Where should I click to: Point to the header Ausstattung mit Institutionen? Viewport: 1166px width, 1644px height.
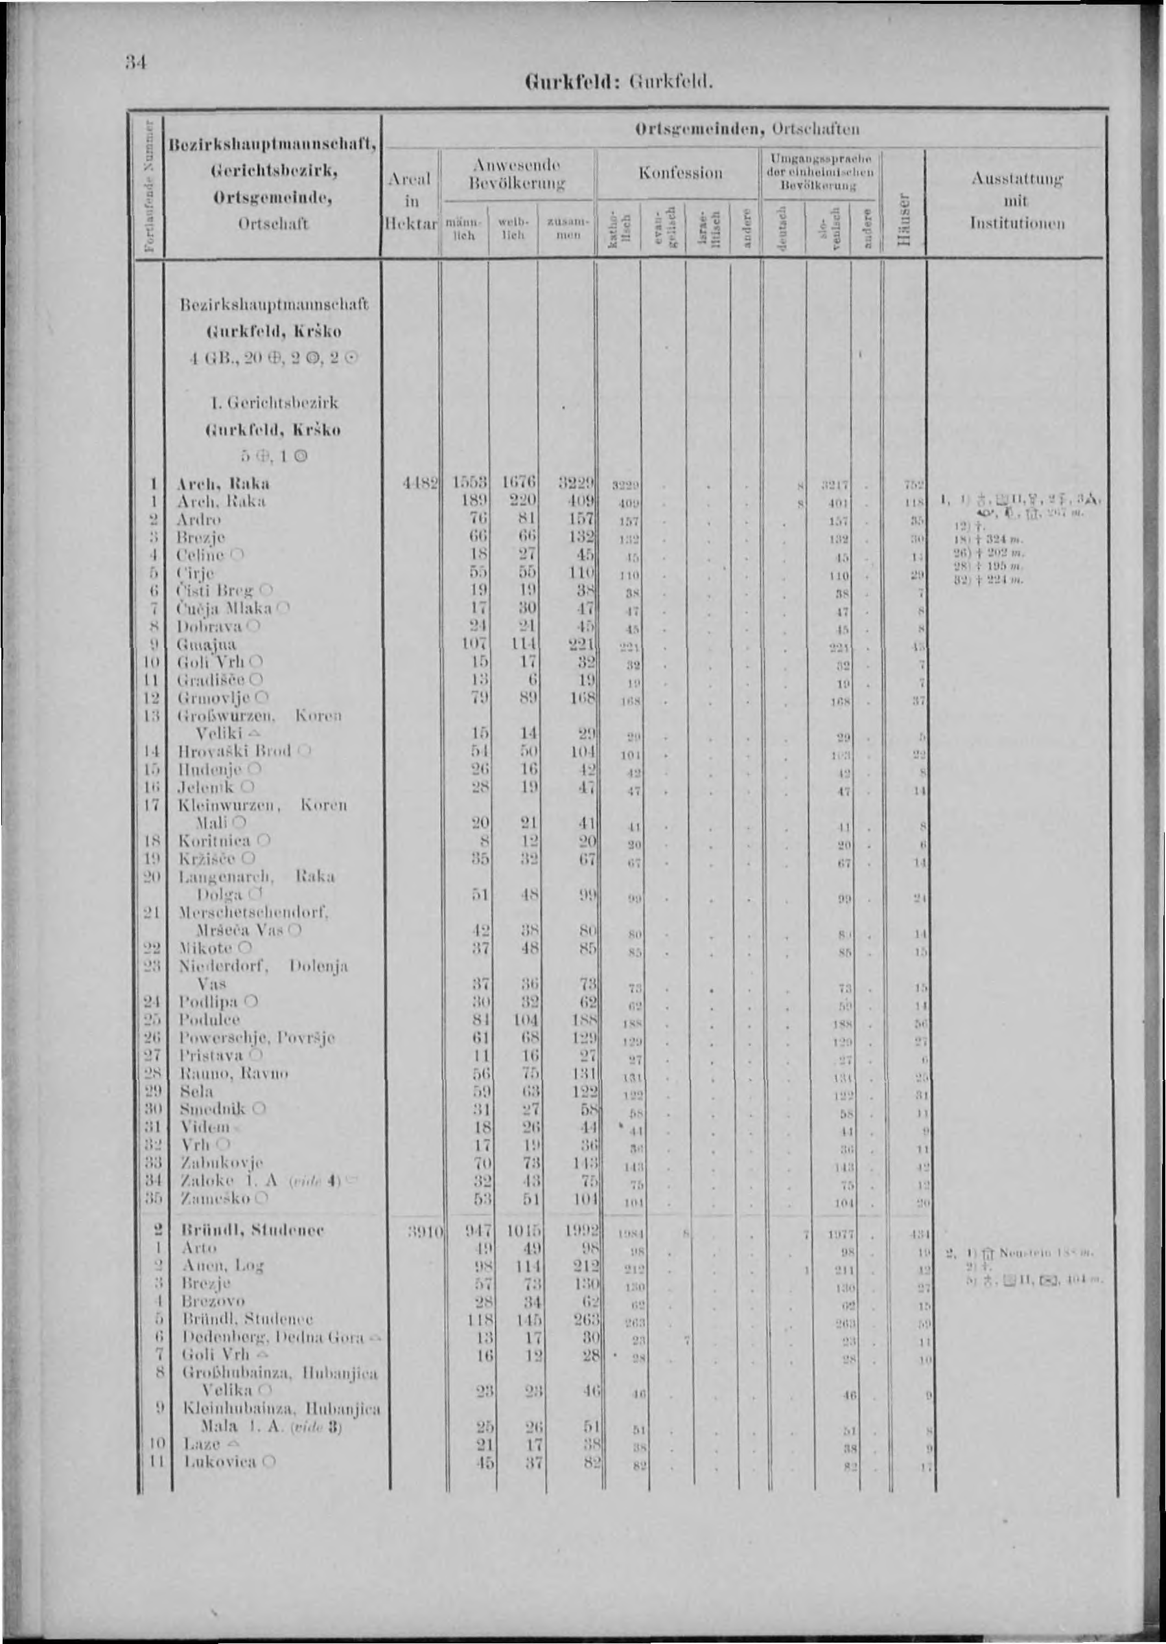[1018, 199]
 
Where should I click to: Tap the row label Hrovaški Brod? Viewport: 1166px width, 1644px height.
[234, 751]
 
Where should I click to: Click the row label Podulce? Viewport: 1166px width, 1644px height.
[209, 1020]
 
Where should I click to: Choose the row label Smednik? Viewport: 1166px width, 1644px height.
[213, 1109]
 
